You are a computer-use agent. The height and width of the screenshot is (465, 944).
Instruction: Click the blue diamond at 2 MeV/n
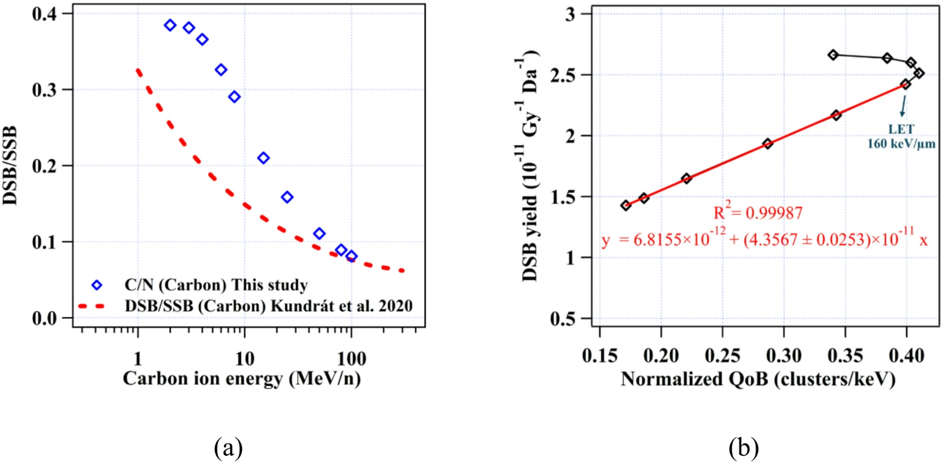click(170, 25)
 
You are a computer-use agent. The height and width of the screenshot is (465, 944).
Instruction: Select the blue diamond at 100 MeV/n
click(351, 256)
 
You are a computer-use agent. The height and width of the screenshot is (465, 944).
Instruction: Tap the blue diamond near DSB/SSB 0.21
click(263, 158)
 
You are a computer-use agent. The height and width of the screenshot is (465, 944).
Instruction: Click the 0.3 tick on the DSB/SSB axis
click(44, 89)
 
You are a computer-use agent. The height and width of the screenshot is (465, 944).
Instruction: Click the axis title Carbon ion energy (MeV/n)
click(241, 379)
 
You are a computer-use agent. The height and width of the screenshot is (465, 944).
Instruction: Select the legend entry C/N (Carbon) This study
click(216, 285)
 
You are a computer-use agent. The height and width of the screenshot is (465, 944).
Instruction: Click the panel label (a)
click(229, 446)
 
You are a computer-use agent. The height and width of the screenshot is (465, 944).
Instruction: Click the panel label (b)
click(743, 446)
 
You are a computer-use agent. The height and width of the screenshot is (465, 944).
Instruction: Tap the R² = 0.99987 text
click(758, 213)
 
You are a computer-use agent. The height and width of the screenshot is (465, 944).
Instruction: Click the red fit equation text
click(764, 240)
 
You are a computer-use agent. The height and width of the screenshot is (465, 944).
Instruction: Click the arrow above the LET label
click(903, 106)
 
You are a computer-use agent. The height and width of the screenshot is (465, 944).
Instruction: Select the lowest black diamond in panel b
click(625, 205)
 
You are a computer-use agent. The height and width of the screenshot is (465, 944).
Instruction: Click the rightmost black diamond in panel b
click(918, 73)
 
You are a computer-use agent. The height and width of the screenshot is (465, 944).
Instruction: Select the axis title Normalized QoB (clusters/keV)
click(758, 379)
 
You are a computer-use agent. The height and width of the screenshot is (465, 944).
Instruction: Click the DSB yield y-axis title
click(531, 166)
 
